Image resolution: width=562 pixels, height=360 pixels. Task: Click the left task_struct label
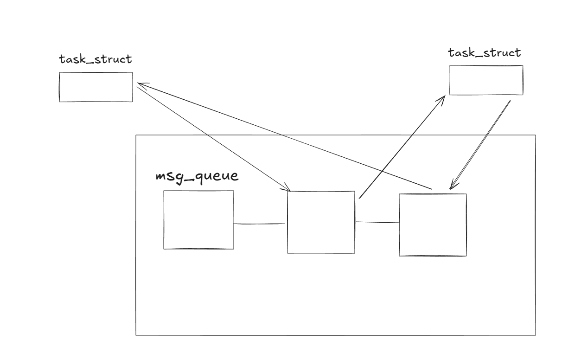[96, 59]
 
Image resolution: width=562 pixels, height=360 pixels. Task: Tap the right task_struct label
[485, 52]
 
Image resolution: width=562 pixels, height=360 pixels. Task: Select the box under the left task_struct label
[96, 87]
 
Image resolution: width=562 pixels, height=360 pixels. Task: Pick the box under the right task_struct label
[486, 80]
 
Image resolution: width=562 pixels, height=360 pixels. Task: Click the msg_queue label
[197, 177]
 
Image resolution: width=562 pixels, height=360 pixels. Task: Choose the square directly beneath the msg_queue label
[198, 219]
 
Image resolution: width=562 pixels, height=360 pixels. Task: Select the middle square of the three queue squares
[321, 222]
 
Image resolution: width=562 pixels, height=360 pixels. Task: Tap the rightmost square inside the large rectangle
[433, 225]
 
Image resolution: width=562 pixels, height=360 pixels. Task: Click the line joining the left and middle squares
[259, 224]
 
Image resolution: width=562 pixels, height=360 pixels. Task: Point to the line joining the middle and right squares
[377, 222]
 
